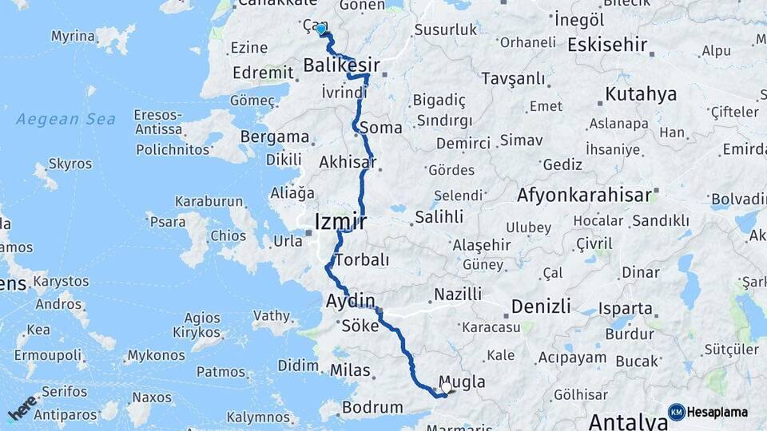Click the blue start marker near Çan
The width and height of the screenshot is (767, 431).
pyautogui.click(x=321, y=30)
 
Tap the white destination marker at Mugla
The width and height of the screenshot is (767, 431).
pyautogui.click(x=446, y=387)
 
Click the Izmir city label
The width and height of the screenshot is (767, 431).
pyautogui.click(x=340, y=221)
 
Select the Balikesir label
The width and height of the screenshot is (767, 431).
pyautogui.click(x=341, y=65)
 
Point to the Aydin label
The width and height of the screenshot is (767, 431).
pyautogui.click(x=350, y=302)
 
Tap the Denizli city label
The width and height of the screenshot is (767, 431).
pyautogui.click(x=541, y=306)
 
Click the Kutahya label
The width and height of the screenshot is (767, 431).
pyautogui.click(x=641, y=94)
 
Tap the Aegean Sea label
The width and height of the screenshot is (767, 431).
pyautogui.click(x=66, y=120)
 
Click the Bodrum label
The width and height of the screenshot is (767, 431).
pyautogui.click(x=372, y=407)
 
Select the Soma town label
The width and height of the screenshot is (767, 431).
pyautogui.click(x=380, y=128)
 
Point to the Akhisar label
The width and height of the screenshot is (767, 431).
pyautogui.click(x=347, y=162)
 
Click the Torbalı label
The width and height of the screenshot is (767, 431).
pyautogui.click(x=363, y=260)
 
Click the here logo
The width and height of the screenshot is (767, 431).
pyautogui.click(x=22, y=408)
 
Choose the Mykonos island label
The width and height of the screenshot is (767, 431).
pyautogui.click(x=156, y=355)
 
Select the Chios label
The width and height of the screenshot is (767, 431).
pyautogui.click(x=228, y=235)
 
